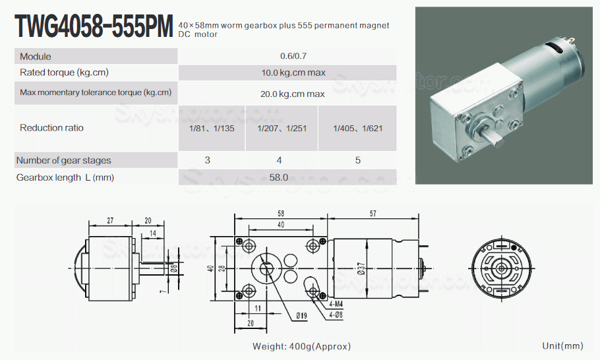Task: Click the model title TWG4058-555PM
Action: (x=94, y=26)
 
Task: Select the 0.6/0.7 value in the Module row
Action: (x=293, y=56)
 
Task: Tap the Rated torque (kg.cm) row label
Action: (x=64, y=73)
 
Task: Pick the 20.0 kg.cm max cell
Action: (x=293, y=94)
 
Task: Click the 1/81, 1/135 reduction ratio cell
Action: (x=212, y=129)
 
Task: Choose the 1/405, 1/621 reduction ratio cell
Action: (x=358, y=129)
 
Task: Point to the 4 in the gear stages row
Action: (x=279, y=160)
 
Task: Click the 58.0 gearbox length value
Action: (x=278, y=177)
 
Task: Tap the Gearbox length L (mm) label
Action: (x=65, y=177)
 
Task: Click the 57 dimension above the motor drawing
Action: (x=373, y=214)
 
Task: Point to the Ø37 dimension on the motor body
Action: (x=361, y=268)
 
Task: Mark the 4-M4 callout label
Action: (x=336, y=304)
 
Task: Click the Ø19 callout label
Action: (x=301, y=316)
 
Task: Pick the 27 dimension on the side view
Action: (x=110, y=220)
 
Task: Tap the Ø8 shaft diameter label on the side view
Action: (x=174, y=268)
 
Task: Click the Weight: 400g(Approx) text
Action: (x=301, y=346)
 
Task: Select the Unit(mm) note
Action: (x=562, y=346)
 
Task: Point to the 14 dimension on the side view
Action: (x=153, y=233)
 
